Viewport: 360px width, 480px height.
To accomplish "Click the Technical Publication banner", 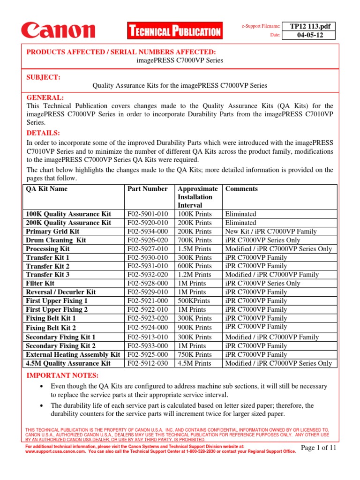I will pos(174,32).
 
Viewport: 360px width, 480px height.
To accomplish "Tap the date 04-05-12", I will pos(306,35).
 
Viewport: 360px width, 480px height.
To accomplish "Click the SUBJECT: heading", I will pos(43,77).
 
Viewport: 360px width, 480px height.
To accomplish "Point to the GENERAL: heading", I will pos(45,97).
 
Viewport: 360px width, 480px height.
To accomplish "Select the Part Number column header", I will pos(147,189).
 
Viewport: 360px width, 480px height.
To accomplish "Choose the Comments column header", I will pos(241,189).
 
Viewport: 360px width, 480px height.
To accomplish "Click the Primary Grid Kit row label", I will pos(52,232).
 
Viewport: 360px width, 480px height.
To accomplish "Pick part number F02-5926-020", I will pos(148,240).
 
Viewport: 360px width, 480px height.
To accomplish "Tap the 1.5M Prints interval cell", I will pos(195,249).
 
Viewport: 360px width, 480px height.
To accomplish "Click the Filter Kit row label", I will pos(40,284).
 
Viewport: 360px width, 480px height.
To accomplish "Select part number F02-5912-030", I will pos(148,363).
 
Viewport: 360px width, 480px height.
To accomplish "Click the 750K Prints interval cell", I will pos(195,354).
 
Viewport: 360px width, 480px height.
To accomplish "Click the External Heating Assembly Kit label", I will pos(73,354).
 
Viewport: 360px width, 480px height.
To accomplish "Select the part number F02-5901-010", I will pos(148,214).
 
